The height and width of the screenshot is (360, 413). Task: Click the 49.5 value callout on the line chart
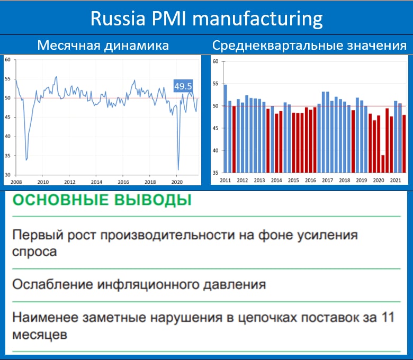click(x=183, y=86)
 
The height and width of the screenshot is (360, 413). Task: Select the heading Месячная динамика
click(x=103, y=46)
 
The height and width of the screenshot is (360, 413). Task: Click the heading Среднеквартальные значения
click(x=309, y=46)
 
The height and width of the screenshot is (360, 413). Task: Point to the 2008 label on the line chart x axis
click(x=16, y=182)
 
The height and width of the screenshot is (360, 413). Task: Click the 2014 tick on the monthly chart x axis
click(x=96, y=182)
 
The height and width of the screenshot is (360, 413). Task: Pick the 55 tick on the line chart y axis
click(x=7, y=79)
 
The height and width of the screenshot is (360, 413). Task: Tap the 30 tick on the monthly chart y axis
click(x=7, y=175)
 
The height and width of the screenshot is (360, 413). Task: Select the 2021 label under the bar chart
click(x=396, y=181)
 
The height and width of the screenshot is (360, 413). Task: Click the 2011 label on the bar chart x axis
click(x=225, y=181)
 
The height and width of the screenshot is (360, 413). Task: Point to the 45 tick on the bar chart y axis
click(x=216, y=128)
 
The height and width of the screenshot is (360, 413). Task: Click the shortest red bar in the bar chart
click(x=383, y=164)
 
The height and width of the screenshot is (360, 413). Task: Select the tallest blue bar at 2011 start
click(x=226, y=129)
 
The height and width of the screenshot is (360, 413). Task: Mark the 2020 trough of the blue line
click(x=178, y=170)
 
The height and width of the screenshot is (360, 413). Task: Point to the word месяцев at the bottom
click(x=40, y=335)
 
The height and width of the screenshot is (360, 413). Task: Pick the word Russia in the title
click(x=118, y=19)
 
